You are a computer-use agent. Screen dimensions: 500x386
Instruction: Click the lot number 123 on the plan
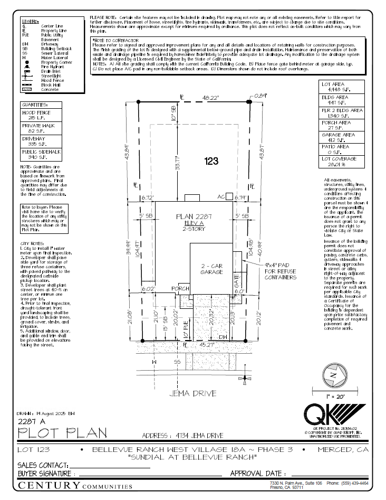pos(211,162)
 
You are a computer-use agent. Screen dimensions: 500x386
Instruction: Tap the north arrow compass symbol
pos(333,375)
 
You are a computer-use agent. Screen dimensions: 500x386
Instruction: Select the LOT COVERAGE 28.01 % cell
pos(342,161)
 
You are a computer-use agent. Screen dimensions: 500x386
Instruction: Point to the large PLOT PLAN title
pos(62,433)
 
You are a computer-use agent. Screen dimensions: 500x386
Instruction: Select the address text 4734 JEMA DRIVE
pos(183,436)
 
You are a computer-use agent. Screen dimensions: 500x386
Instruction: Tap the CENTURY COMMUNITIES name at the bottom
pos(75,486)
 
